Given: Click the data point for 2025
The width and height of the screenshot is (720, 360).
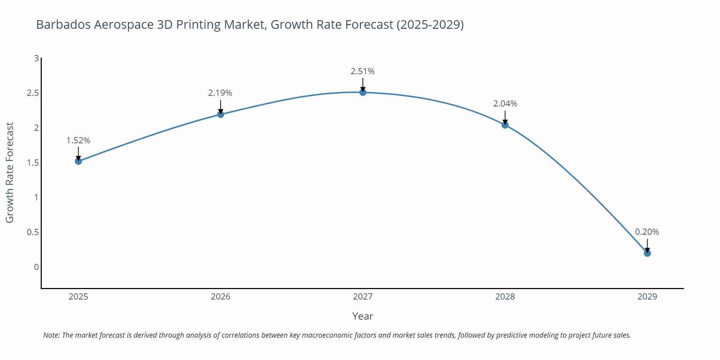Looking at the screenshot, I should tap(78, 161).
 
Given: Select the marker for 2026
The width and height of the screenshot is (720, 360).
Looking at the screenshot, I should tap(221, 114).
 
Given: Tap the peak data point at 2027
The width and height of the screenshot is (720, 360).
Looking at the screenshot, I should tap(363, 93).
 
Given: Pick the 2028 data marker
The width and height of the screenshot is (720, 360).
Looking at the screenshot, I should tap(505, 125).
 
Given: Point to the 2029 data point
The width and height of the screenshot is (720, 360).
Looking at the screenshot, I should tap(647, 253).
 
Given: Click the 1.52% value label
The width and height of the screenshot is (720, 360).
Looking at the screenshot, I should tap(78, 140).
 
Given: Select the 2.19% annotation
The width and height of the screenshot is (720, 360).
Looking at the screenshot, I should tap(220, 93).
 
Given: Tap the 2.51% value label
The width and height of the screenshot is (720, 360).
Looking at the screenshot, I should tap(363, 71).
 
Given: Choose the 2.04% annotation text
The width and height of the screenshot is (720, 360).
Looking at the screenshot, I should tap(505, 104).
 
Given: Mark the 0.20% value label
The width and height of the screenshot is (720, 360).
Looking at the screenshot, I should tap(647, 232).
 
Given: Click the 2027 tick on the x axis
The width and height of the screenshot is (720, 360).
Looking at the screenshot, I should tap(363, 297).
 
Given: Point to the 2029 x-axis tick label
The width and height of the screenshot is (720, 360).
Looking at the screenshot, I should tap(647, 297).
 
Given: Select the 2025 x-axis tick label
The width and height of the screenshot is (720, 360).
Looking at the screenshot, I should tap(78, 297).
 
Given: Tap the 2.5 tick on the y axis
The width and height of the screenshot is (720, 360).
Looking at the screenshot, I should tap(33, 93).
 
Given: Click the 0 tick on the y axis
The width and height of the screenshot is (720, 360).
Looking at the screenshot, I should tap(36, 267).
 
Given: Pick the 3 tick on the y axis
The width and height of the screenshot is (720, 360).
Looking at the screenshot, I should tap(36, 58).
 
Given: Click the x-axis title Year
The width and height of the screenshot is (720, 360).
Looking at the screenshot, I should tap(363, 316).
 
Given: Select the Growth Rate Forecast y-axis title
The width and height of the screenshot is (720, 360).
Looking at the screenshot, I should tap(10, 172).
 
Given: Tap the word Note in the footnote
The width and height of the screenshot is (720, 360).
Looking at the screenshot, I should tap(51, 335).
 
